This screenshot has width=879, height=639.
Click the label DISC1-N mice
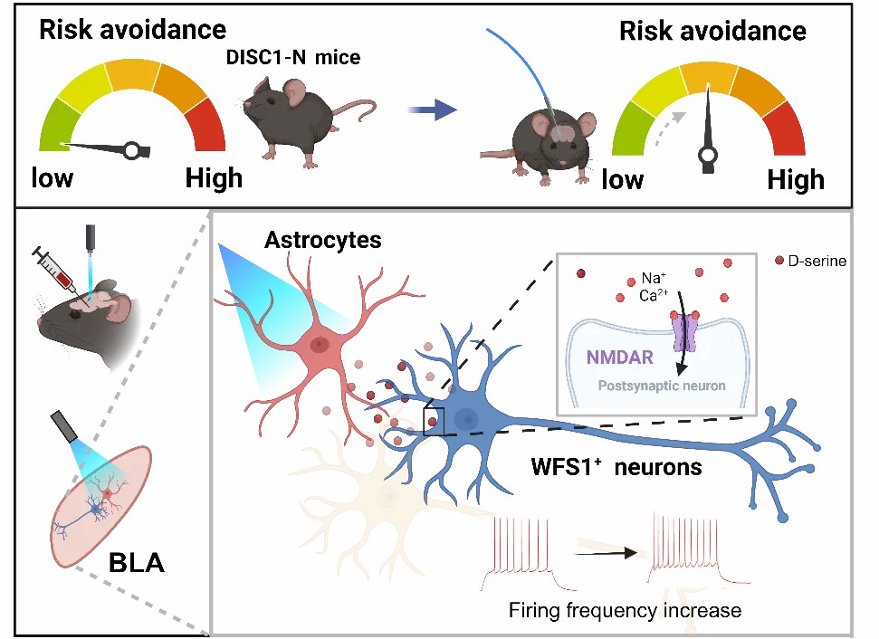293,57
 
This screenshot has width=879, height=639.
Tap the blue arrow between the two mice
432,110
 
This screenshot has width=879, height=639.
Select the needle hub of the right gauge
708,155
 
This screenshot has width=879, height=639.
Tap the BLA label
137,563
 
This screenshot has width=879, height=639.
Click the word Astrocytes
323,240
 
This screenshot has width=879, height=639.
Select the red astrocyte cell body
319,344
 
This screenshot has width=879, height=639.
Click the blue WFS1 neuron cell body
465,417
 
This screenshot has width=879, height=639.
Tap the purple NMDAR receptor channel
684,332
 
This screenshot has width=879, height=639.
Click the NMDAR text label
619,357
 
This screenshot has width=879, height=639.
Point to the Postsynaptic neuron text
662,386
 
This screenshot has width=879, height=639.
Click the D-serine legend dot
779,260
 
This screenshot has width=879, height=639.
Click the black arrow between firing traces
606,553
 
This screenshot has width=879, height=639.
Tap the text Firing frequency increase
625,610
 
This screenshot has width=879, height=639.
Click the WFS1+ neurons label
616,466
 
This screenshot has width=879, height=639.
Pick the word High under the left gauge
214,178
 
